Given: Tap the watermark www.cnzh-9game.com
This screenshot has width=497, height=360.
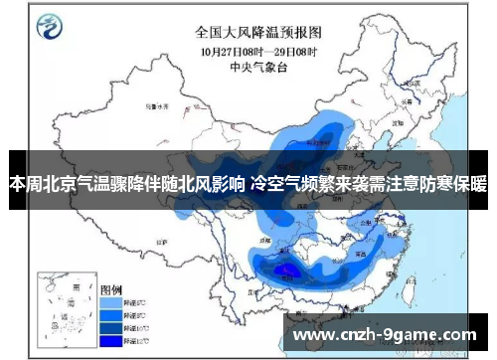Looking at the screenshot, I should pos(386,334).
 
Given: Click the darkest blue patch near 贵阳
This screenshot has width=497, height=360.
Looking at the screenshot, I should pos(288,270).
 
